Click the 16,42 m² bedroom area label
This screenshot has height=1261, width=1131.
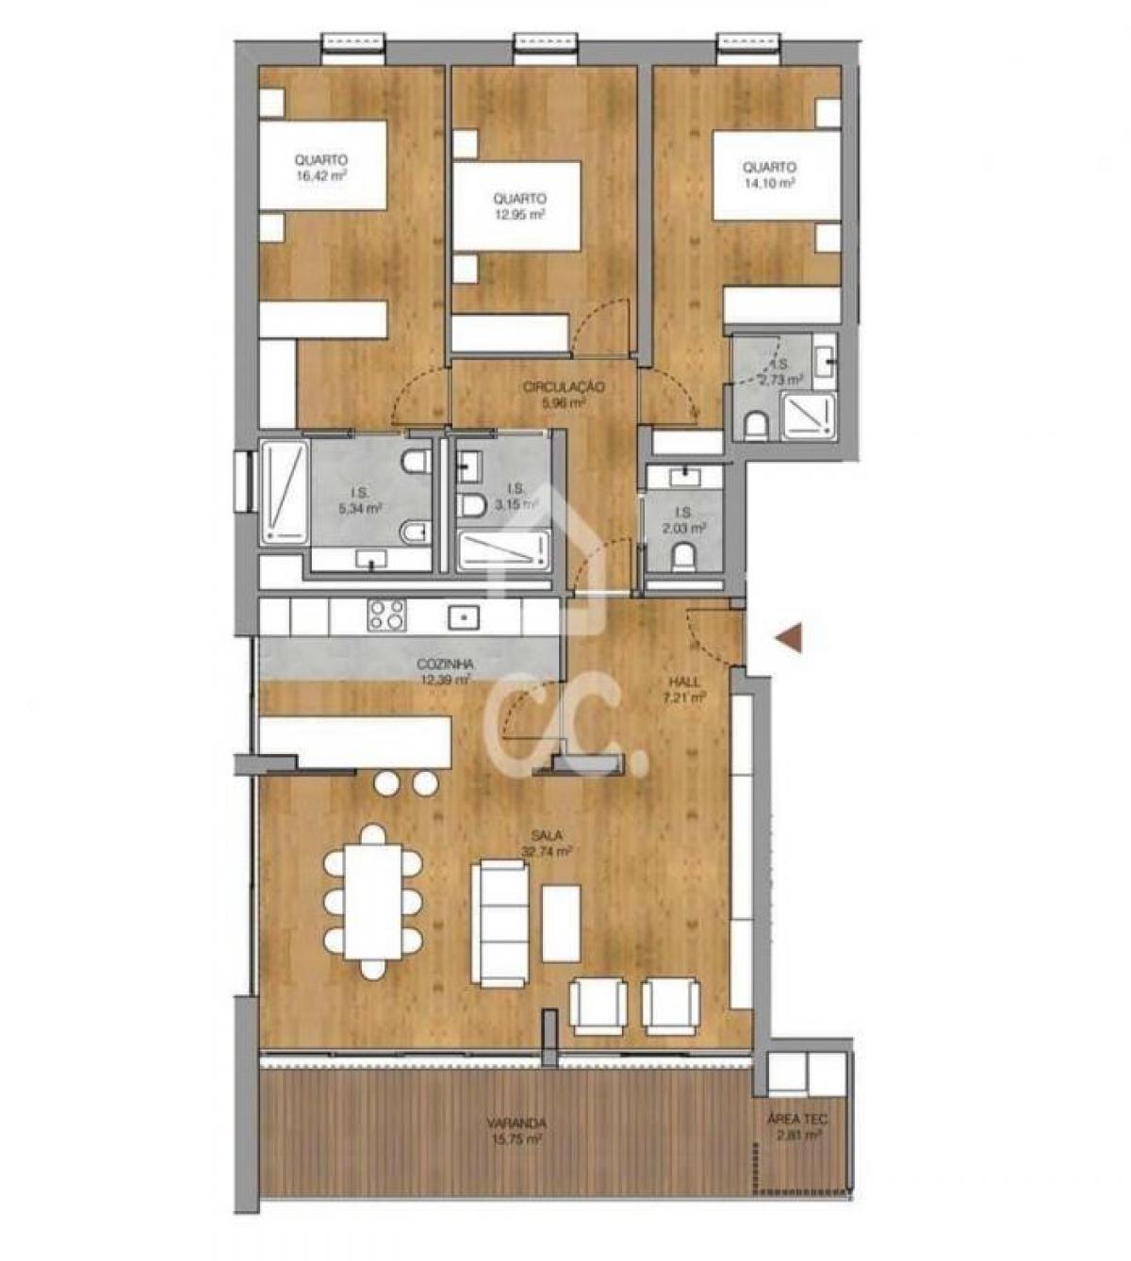click(x=320, y=168)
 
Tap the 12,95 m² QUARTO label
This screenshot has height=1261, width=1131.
click(x=519, y=206)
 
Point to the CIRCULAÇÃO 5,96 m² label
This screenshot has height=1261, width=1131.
click(x=564, y=394)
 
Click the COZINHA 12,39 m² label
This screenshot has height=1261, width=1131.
click(x=446, y=671)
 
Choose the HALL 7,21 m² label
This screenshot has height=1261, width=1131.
click(x=685, y=690)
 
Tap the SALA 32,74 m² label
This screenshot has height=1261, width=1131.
click(x=548, y=843)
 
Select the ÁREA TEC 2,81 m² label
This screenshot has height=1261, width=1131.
click(x=797, y=1127)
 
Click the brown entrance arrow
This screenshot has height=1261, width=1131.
click(x=788, y=638)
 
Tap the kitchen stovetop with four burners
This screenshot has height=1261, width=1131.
click(x=385, y=616)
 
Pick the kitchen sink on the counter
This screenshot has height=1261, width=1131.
click(x=464, y=616)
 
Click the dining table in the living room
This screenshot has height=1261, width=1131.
click(x=373, y=901)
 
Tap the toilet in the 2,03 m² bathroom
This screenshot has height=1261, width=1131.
click(x=685, y=560)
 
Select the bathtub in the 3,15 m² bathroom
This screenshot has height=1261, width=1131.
click(x=502, y=550)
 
